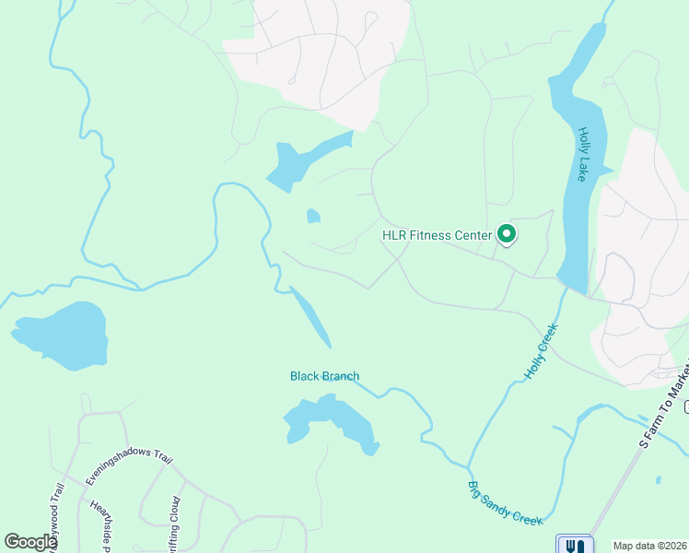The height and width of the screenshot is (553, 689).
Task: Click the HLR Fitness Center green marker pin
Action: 506,235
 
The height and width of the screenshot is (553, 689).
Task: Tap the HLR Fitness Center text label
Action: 438,235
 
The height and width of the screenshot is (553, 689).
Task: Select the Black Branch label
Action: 324,376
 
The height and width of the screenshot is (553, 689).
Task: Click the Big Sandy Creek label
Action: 505,503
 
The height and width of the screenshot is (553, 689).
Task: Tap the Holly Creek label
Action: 542,351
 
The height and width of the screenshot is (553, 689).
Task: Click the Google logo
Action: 29,543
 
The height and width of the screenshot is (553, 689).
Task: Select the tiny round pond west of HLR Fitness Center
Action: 313,216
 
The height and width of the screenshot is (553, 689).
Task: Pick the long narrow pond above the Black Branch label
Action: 312,317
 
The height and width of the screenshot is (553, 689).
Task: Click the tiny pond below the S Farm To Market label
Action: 659,479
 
